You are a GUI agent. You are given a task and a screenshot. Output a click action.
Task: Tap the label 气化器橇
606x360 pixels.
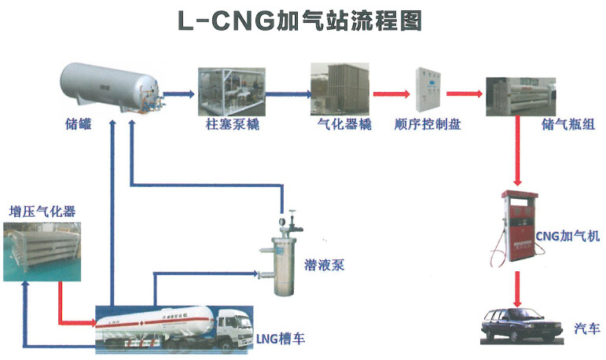344,125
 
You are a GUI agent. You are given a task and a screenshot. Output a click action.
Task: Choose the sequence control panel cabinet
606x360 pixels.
431,92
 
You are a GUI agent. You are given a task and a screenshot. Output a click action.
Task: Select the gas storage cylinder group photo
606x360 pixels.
519,96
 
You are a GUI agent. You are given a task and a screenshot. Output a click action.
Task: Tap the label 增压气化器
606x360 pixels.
42,211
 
